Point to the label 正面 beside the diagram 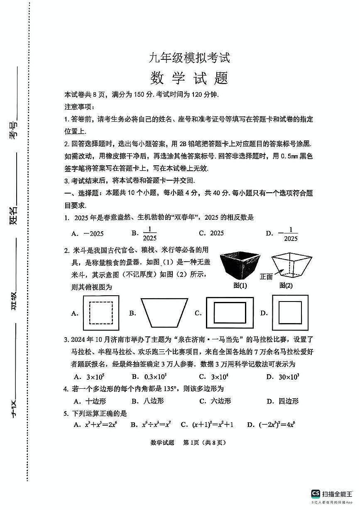(x=266, y=276)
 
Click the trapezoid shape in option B (x=163, y=313)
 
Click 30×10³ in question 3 (x=289, y=377)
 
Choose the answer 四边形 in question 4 (x=288, y=401)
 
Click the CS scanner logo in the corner (x=316, y=493)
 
